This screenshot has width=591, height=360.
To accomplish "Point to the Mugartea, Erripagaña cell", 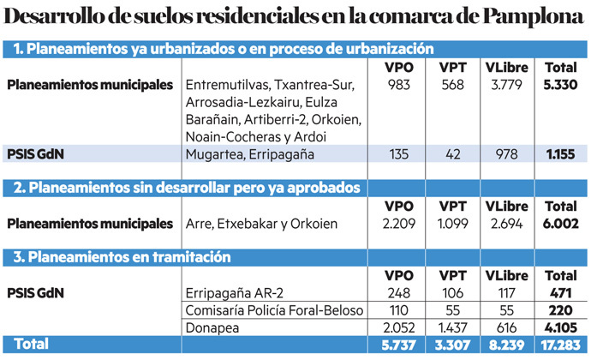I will point(244,155).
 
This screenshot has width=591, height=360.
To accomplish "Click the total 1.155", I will point(561,155).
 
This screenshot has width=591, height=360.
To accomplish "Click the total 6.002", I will point(561,224).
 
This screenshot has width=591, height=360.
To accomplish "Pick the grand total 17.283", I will point(561,345).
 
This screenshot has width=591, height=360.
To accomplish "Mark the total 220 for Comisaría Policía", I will point(561,309).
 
